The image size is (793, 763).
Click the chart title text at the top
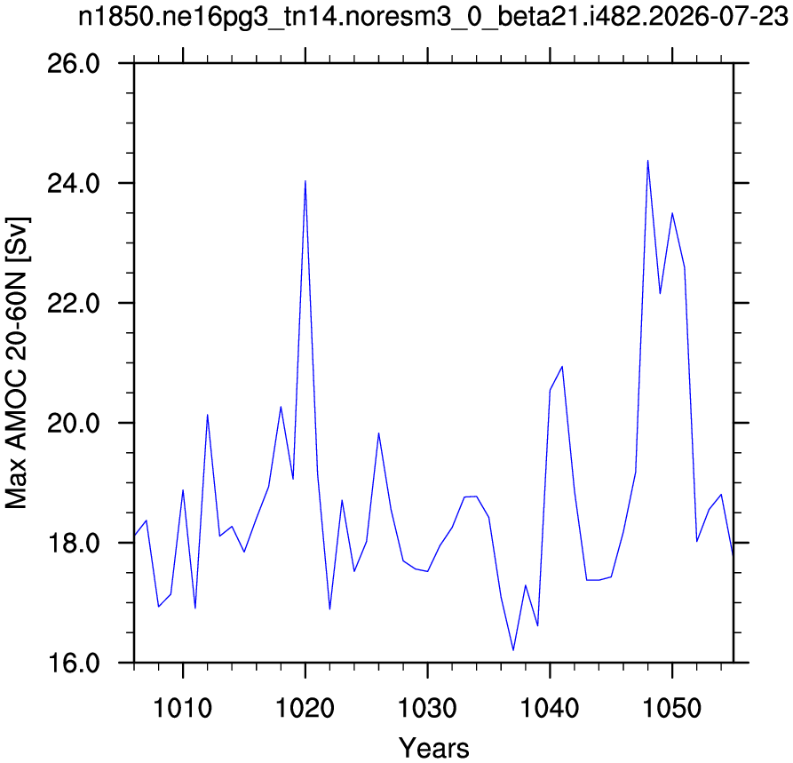433,17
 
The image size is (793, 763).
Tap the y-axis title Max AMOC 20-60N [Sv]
17,362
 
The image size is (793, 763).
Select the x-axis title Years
434,748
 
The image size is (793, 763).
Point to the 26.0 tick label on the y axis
74,64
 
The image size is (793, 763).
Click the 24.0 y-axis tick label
74,183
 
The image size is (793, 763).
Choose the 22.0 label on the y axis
74,303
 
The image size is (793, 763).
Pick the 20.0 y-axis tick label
74,423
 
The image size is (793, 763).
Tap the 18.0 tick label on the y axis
74,543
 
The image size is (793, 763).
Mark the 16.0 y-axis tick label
74,663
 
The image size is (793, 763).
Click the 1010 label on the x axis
183,708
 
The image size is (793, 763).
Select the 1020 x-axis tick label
305,708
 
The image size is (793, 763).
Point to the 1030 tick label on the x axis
427,708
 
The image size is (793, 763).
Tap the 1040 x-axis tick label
550,708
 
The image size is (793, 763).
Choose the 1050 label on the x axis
672,708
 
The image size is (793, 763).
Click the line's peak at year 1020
305,180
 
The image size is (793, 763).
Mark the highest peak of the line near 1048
648,161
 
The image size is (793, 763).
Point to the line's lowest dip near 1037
513,650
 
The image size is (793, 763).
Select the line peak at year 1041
562,366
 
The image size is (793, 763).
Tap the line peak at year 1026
378,433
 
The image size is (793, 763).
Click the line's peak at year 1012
208,415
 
